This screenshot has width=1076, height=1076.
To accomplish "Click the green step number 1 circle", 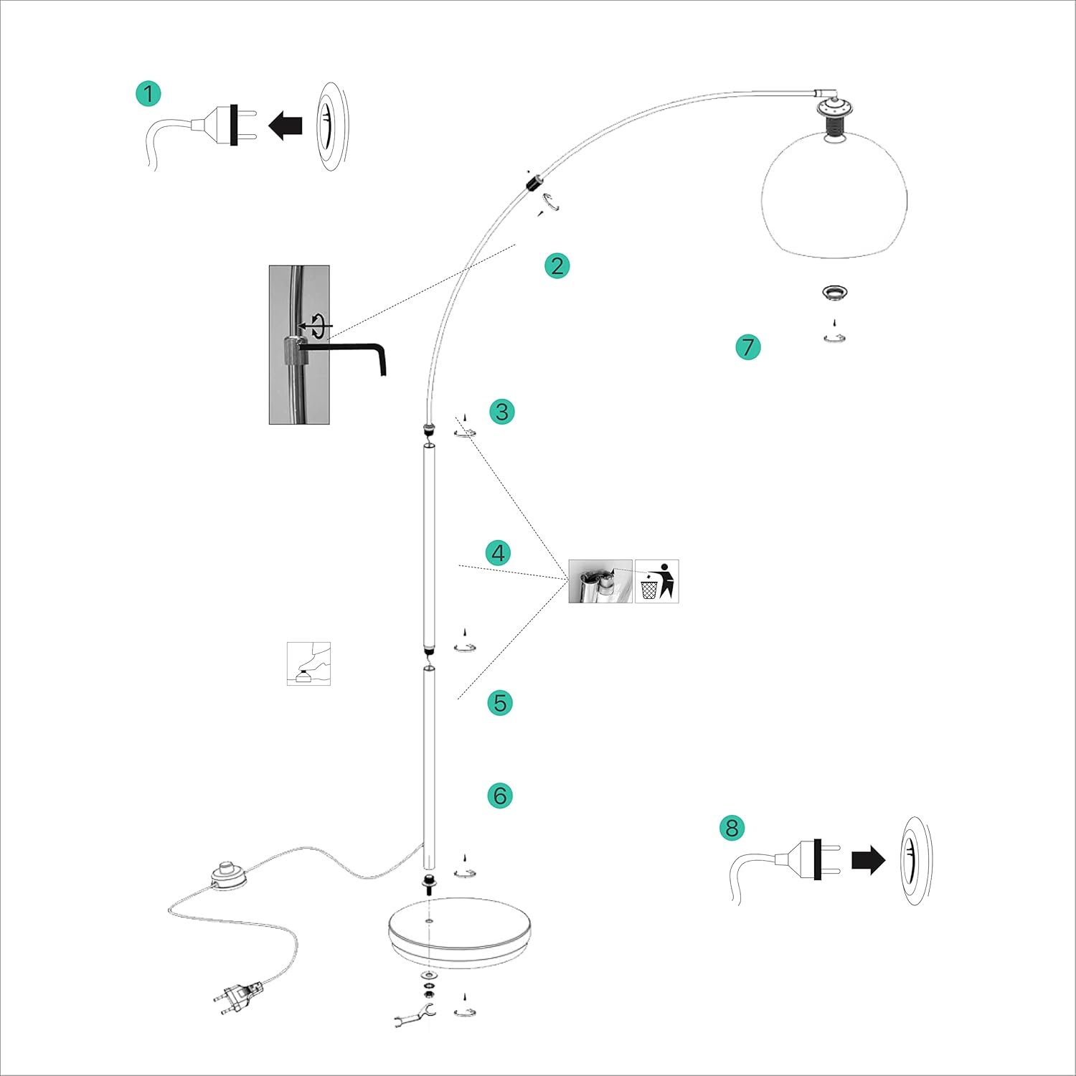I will (148, 94).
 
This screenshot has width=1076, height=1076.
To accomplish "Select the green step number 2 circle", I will (557, 266).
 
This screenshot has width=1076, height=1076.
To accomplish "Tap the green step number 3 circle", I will (502, 412).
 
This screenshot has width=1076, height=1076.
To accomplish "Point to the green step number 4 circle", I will (499, 553).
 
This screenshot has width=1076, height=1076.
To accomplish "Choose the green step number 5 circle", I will (500, 702).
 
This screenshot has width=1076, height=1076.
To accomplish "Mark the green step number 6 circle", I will (500, 796).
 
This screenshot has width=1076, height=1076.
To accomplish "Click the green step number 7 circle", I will (748, 347).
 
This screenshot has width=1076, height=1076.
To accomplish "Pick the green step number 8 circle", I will (732, 828).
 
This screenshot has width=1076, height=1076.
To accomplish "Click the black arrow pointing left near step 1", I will (285, 126).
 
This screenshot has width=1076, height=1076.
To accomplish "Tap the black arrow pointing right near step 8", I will (868, 860).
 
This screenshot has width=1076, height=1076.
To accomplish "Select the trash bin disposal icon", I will (656, 581).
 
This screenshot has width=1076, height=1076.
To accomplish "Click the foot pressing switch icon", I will (308, 664).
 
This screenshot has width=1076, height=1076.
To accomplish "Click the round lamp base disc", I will (459, 933).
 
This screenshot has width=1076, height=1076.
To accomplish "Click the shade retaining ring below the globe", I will (834, 292).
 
